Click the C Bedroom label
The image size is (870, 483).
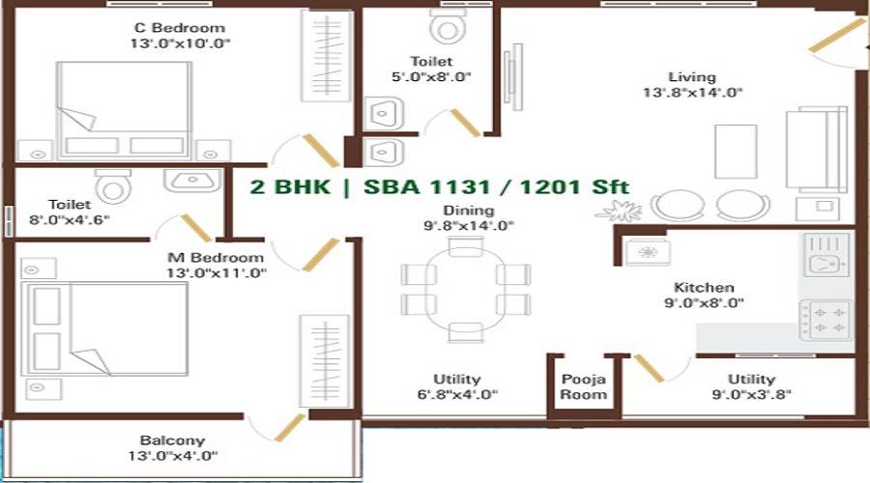[x=178, y=28]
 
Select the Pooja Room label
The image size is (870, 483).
[x=584, y=386]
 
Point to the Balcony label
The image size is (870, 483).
[x=171, y=440]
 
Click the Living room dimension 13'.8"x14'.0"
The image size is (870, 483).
[x=691, y=93]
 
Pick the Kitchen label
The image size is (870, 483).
[x=704, y=288]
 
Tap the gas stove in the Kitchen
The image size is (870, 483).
[x=826, y=320]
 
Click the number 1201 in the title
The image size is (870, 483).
[x=548, y=186]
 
